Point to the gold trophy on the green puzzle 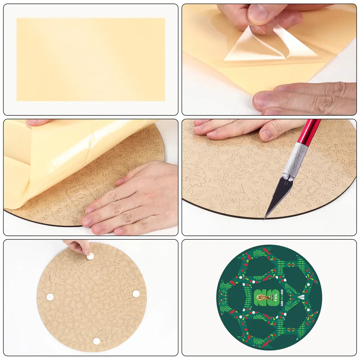262,299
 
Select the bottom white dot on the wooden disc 96,341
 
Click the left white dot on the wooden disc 50,297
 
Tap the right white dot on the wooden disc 136,294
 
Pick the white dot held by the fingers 90,257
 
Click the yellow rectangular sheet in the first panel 91,59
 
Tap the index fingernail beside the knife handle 266,134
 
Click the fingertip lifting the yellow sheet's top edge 37,123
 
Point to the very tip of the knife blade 265,217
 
